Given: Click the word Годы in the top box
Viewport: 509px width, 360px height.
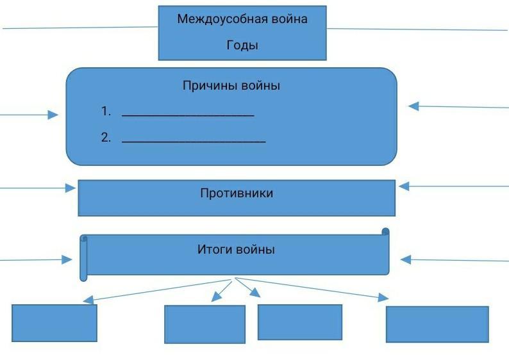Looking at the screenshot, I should [x=242, y=45].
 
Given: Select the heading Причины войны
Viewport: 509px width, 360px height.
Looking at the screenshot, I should [x=231, y=86].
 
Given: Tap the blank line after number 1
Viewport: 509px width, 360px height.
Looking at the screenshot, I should [x=188, y=115].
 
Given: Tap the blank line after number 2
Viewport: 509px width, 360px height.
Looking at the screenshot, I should [x=194, y=140].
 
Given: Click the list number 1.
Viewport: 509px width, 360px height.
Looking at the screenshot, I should [x=105, y=111].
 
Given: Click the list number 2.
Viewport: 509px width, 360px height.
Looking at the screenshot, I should [x=105, y=137].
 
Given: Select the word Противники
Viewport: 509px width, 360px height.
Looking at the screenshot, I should [x=237, y=193].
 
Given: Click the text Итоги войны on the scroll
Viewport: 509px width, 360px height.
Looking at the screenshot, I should [x=236, y=250].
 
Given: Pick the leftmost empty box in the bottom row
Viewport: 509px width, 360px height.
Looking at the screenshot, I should [x=54, y=323].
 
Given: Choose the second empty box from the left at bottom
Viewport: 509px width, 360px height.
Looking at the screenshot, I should [x=204, y=324].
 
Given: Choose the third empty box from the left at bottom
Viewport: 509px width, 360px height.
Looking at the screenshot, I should [x=299, y=322].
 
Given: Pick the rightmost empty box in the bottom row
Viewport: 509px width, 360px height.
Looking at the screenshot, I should [x=437, y=324].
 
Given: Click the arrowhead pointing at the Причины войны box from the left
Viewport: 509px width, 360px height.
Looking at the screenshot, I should [x=53, y=115].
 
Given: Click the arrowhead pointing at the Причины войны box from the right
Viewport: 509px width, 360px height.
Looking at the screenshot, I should [x=414, y=106].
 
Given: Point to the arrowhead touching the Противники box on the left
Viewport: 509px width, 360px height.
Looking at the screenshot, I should [x=71, y=188].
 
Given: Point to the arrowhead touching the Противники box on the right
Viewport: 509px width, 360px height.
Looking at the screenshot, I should [x=404, y=186].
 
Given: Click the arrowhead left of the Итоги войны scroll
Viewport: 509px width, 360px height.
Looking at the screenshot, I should [x=67, y=259].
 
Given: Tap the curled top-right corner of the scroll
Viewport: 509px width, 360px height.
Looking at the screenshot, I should [x=385, y=232].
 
